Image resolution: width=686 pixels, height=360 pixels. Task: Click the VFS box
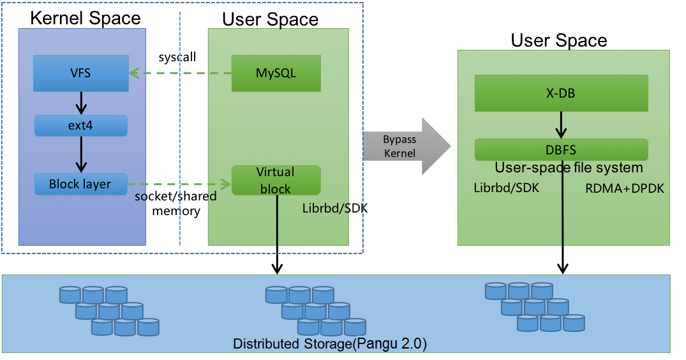click(x=81, y=73)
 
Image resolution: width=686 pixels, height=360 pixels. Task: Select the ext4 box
click(x=81, y=126)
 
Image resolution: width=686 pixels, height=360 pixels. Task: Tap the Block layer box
click(x=80, y=184)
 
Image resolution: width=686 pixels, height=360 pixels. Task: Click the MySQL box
click(x=276, y=73)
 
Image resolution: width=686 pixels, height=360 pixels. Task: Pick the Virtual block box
click(x=276, y=181)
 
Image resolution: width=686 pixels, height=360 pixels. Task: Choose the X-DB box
click(x=561, y=93)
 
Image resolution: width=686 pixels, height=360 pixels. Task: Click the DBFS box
click(x=561, y=150)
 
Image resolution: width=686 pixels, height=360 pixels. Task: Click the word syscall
click(x=177, y=57)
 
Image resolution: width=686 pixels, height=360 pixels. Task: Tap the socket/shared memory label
click(x=175, y=203)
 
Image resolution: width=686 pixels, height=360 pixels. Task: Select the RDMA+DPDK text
click(x=625, y=188)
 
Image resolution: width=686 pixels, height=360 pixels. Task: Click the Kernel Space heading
click(x=86, y=18)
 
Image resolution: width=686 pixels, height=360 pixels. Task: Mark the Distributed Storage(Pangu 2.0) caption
click(x=330, y=344)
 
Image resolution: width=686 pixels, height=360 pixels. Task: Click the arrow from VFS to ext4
click(x=81, y=102)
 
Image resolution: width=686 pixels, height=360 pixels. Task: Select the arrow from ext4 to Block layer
click(x=81, y=154)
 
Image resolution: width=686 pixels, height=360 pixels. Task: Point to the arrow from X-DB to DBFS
click(x=561, y=125)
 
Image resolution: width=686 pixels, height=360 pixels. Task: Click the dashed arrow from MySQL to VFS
click(x=180, y=73)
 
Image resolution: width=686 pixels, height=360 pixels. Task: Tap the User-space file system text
click(x=569, y=168)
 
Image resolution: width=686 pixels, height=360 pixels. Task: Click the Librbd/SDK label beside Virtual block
click(x=335, y=208)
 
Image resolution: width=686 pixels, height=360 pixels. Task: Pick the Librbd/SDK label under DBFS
click(x=506, y=188)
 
